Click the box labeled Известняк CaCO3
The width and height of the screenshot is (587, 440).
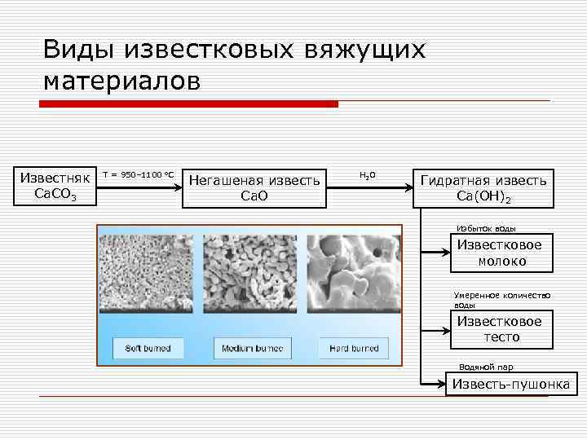pyautogui.click(x=55, y=187)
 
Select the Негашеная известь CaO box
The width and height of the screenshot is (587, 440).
pyautogui.click(x=254, y=187)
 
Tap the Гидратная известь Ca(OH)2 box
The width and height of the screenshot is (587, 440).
pyautogui.click(x=483, y=188)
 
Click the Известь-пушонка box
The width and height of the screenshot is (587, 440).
pyautogui.click(x=511, y=384)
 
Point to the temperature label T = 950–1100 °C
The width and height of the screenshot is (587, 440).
pyautogui.click(x=138, y=175)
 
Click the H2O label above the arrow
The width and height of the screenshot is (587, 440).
pyautogui.click(x=367, y=175)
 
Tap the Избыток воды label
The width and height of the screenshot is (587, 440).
pyautogui.click(x=487, y=229)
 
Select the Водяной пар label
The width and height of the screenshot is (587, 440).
pyautogui.click(x=486, y=367)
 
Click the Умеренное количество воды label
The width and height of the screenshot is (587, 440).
pyautogui.click(x=501, y=299)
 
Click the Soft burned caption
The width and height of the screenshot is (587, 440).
pyautogui.click(x=148, y=349)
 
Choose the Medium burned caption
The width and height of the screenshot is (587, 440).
pyautogui.click(x=253, y=349)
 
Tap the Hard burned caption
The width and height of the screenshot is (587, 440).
pyautogui.click(x=354, y=349)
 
